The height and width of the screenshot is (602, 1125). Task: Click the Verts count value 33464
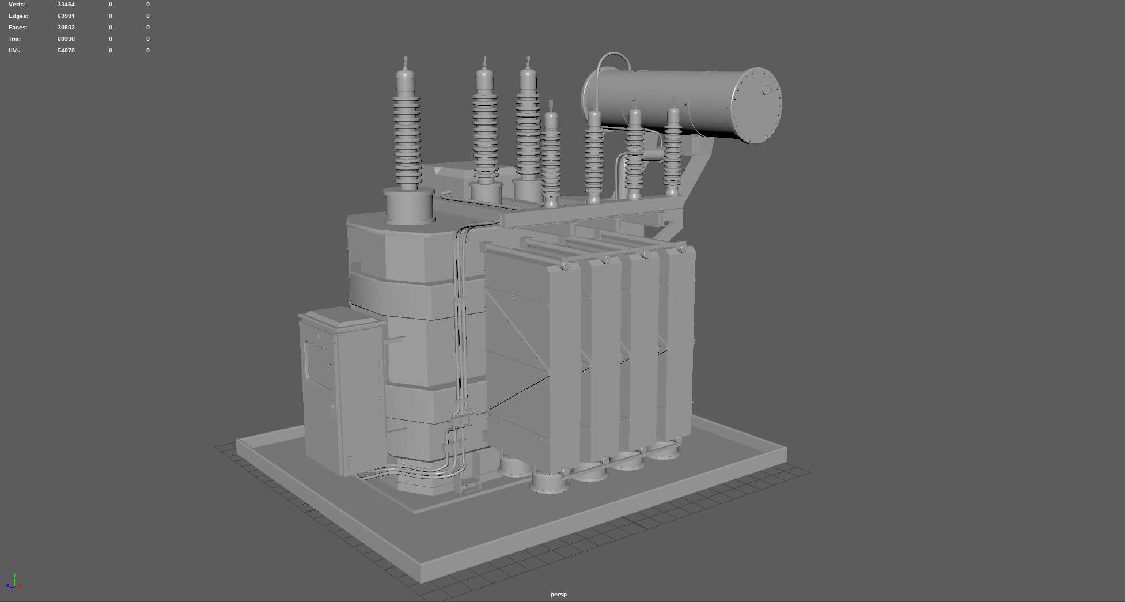point(66,5)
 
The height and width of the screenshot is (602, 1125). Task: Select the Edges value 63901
point(66,16)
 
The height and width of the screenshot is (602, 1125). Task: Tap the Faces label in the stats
point(18,28)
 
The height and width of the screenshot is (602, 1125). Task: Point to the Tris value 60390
point(66,39)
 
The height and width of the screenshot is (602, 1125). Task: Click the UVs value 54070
point(66,51)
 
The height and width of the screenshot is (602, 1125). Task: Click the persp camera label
point(558,595)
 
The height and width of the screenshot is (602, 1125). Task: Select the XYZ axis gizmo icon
point(14,582)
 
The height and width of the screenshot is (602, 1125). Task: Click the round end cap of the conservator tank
point(756,105)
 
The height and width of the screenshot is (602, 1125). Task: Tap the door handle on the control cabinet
point(332,410)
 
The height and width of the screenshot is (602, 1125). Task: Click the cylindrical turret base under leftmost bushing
point(409,206)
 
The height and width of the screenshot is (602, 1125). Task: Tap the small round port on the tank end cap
point(767,89)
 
